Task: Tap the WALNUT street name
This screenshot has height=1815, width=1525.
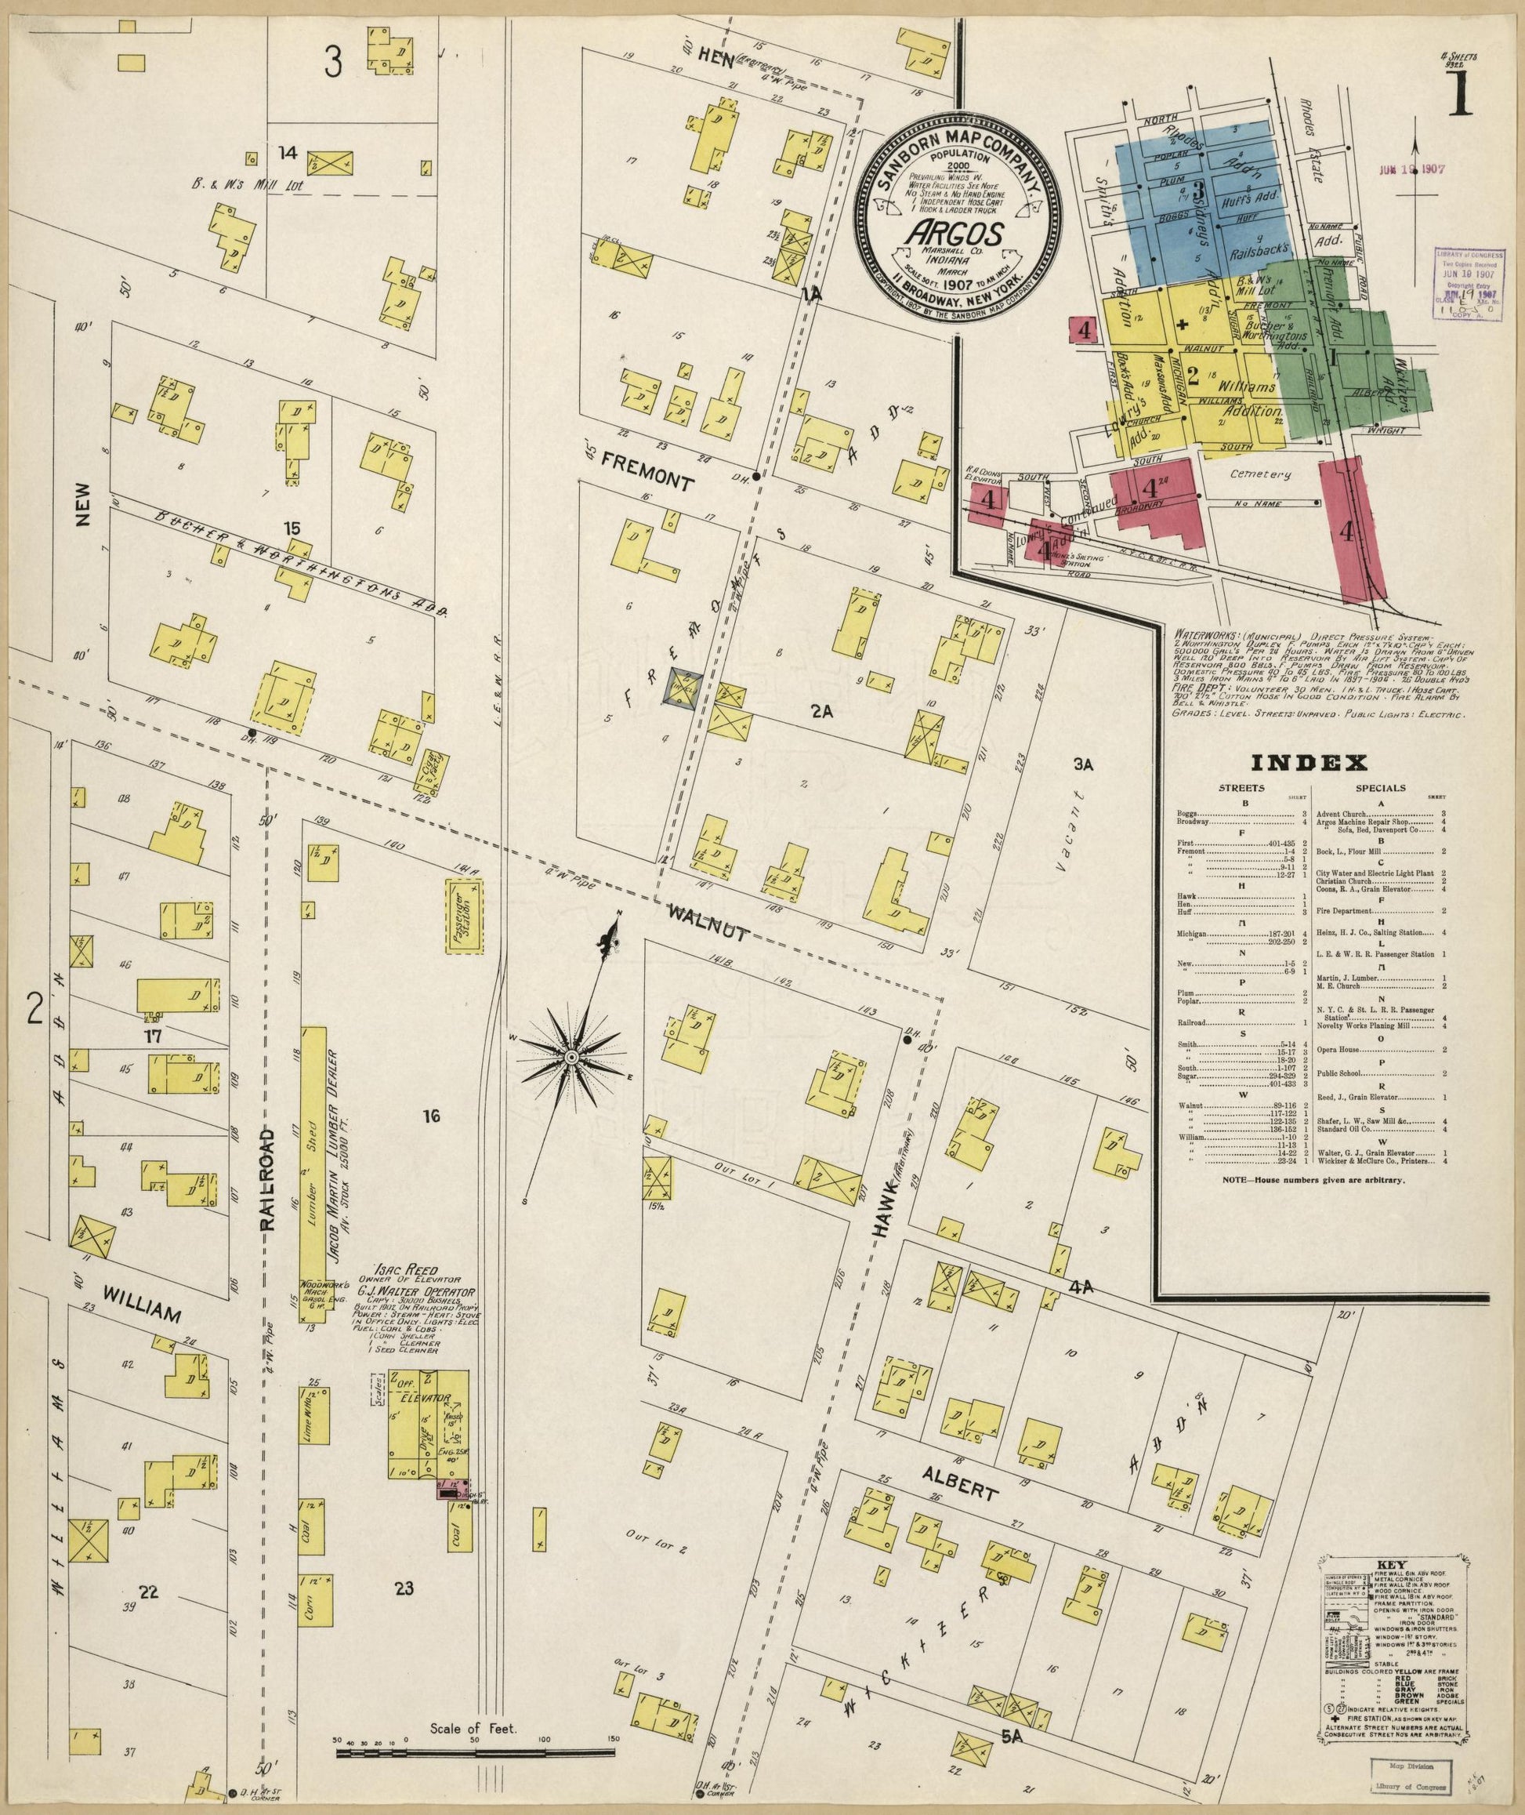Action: [706, 921]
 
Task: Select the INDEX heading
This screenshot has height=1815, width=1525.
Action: [1309, 763]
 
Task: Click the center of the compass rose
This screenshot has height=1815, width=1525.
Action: [571, 1058]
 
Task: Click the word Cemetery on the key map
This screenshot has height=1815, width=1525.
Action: [1263, 474]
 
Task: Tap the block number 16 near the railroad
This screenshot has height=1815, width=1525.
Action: [431, 1116]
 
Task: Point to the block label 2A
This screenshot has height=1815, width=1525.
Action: [821, 713]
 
